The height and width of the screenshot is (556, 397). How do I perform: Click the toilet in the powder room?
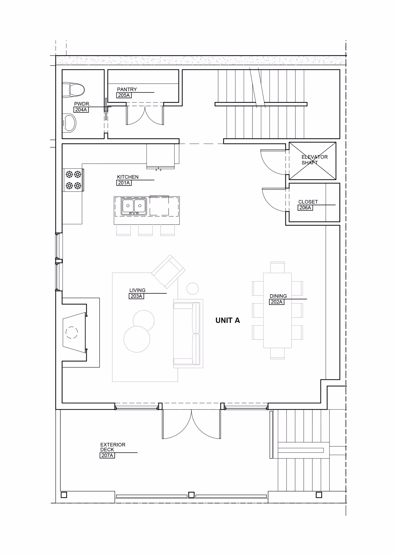pos(73,90)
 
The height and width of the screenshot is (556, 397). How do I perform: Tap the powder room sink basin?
pos(69,123)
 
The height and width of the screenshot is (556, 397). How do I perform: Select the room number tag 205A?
pos(124,95)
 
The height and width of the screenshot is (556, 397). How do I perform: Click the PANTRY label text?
pos(127,89)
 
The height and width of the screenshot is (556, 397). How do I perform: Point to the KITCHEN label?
pos(128,177)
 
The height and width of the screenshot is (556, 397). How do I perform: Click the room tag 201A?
pos(124,183)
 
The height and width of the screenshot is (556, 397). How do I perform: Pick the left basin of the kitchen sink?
pos(128,206)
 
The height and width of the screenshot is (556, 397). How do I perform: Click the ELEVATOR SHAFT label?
pos(315,160)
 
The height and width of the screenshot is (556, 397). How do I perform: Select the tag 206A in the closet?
pos(305,208)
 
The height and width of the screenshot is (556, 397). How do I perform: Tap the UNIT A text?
pos(228,320)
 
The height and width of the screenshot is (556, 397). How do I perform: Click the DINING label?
pos(278,296)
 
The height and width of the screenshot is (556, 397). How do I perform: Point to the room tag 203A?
pos(137,296)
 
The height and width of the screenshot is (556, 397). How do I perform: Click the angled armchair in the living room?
pos(168,272)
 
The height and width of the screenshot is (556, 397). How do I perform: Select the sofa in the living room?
pos(188,333)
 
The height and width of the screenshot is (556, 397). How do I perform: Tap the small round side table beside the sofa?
pos(193,289)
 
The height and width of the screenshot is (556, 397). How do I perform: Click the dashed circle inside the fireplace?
pos(72,333)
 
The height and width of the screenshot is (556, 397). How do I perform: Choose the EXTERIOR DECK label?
pos(113,447)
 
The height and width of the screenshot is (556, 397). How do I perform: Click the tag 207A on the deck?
pos(107,455)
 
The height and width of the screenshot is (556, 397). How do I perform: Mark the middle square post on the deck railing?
pos(191,495)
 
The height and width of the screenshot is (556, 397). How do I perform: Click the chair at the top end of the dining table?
pos(277,267)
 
